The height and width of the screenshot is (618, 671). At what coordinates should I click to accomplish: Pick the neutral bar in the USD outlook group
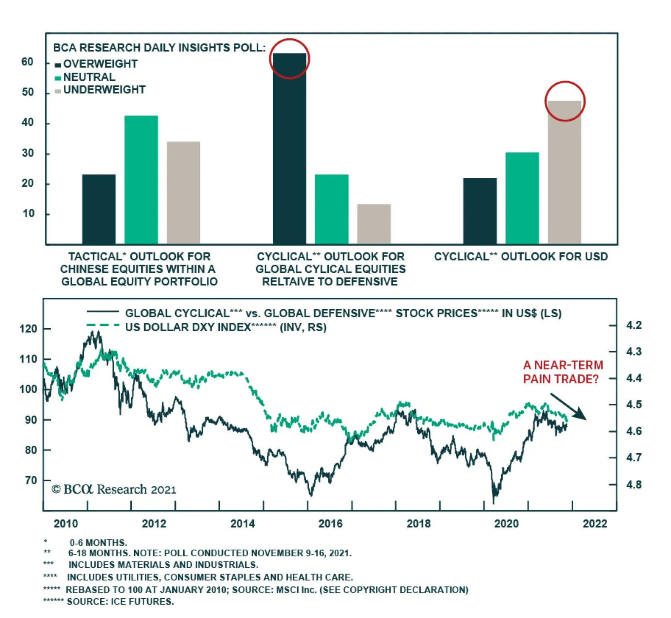[522, 198]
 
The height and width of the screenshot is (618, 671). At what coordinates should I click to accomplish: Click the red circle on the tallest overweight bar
[289, 59]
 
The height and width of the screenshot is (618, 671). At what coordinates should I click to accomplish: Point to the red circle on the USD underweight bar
[565, 101]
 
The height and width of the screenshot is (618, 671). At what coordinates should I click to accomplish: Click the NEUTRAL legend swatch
[58, 78]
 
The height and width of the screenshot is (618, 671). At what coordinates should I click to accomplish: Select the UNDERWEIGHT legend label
[104, 90]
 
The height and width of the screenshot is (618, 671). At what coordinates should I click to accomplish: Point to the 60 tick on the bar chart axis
[28, 62]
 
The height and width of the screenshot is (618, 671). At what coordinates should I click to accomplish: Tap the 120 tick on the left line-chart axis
[29, 329]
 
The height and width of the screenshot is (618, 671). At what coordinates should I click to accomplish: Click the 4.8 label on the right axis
[634, 485]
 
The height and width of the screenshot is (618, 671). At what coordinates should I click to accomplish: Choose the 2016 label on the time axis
[330, 523]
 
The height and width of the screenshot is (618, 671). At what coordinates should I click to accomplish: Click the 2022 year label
[595, 523]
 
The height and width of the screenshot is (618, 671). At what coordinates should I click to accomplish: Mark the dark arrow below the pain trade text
[569, 406]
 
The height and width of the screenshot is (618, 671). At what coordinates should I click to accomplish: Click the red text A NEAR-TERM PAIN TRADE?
[562, 372]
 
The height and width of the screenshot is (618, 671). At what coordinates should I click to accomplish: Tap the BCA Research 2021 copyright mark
[114, 489]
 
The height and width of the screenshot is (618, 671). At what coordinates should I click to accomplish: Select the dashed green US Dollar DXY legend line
[103, 325]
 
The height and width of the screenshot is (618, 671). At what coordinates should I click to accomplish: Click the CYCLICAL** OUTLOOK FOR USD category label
[520, 257]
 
